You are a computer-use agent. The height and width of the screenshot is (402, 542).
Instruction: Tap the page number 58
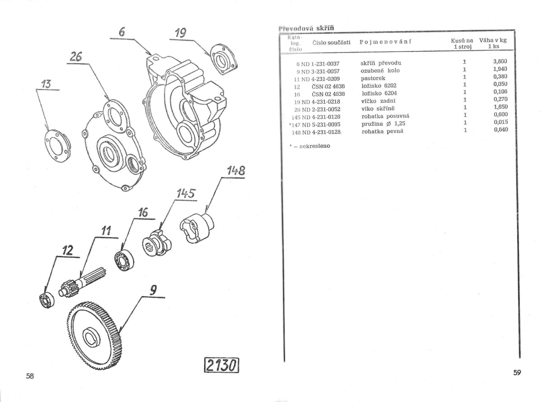click(30, 376)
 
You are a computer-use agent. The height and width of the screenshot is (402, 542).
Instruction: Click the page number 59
click(517, 373)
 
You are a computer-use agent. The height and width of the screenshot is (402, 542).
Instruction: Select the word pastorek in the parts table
click(373, 78)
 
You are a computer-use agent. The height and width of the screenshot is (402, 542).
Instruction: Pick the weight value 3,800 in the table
click(500, 62)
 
